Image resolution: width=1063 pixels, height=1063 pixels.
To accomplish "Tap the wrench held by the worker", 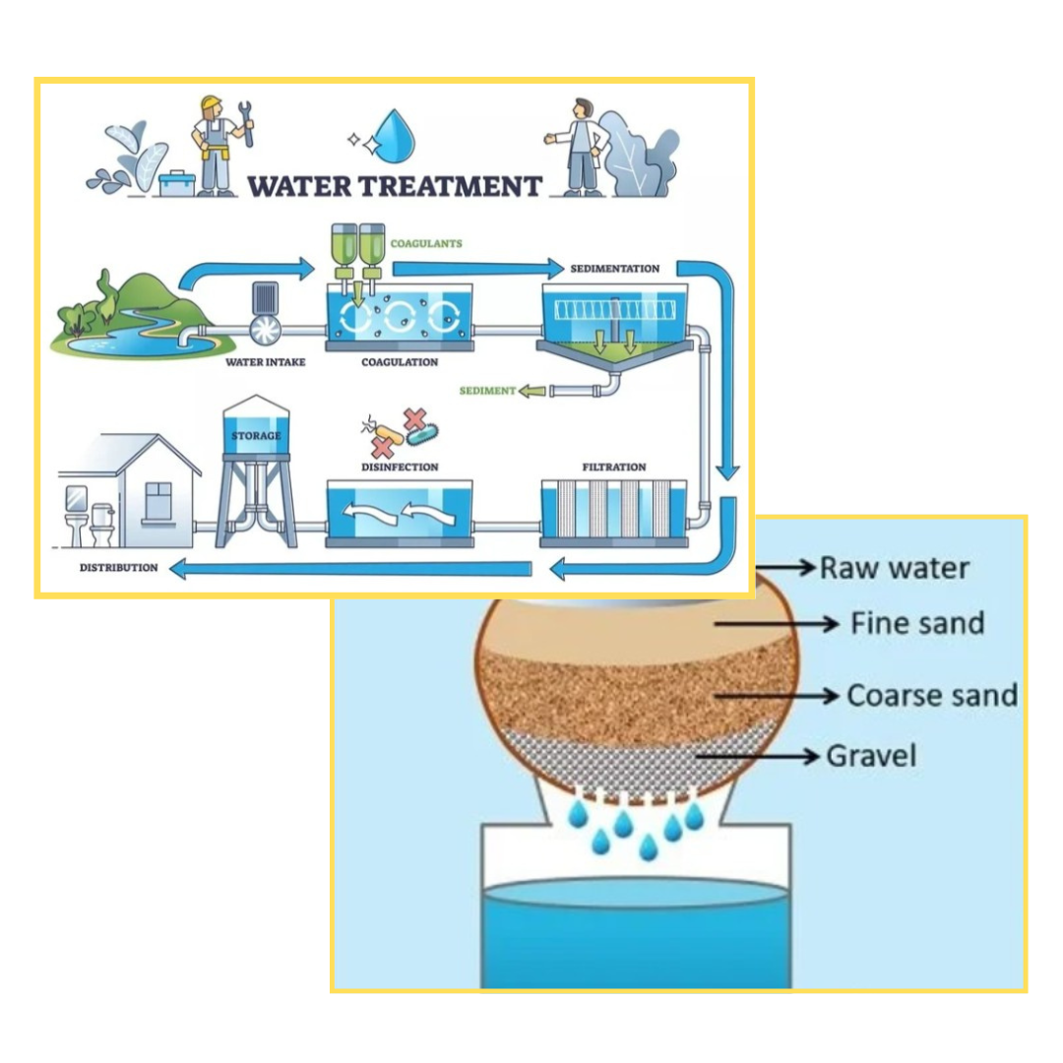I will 246,128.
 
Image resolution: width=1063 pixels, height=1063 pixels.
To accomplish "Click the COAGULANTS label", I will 425,243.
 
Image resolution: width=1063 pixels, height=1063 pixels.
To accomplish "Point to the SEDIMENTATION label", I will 614,268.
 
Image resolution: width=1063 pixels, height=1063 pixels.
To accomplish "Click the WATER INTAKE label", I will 265,362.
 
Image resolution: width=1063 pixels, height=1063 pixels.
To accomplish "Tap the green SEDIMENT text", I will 487,391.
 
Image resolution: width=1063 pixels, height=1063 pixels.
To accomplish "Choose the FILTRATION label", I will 614,467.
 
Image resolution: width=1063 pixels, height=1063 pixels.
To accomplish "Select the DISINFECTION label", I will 399,467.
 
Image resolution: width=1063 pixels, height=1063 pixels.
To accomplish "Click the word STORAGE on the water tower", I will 256,435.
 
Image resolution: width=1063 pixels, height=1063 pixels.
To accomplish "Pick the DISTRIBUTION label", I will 118,568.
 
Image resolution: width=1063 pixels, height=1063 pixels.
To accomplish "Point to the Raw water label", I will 894,568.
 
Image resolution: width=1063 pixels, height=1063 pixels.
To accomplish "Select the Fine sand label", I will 916,623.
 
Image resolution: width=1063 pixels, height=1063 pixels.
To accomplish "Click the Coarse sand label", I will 931,695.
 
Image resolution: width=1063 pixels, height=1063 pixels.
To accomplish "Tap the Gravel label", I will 870,756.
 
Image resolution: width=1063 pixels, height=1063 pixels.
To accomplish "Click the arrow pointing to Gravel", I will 758,756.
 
